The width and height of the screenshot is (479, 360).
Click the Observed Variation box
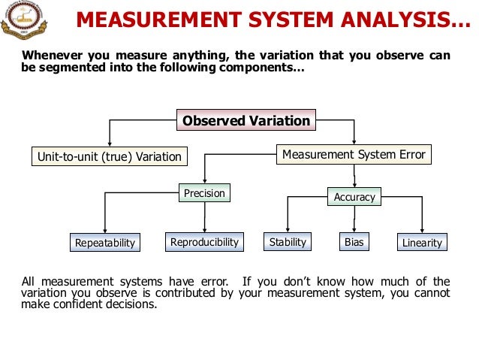tap(246, 120)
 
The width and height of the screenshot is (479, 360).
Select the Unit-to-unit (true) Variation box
tap(109, 156)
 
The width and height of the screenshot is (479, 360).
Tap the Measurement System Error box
tap(354, 155)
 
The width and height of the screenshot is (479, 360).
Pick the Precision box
tap(204, 193)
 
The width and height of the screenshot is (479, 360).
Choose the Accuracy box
tap(354, 197)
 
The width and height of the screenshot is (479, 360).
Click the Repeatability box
tap(105, 242)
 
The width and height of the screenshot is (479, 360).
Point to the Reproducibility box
tap(204, 241)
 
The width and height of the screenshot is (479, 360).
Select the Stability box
tap(288, 241)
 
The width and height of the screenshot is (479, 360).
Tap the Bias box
tap(354, 241)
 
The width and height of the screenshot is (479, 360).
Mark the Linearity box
tap(422, 242)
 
